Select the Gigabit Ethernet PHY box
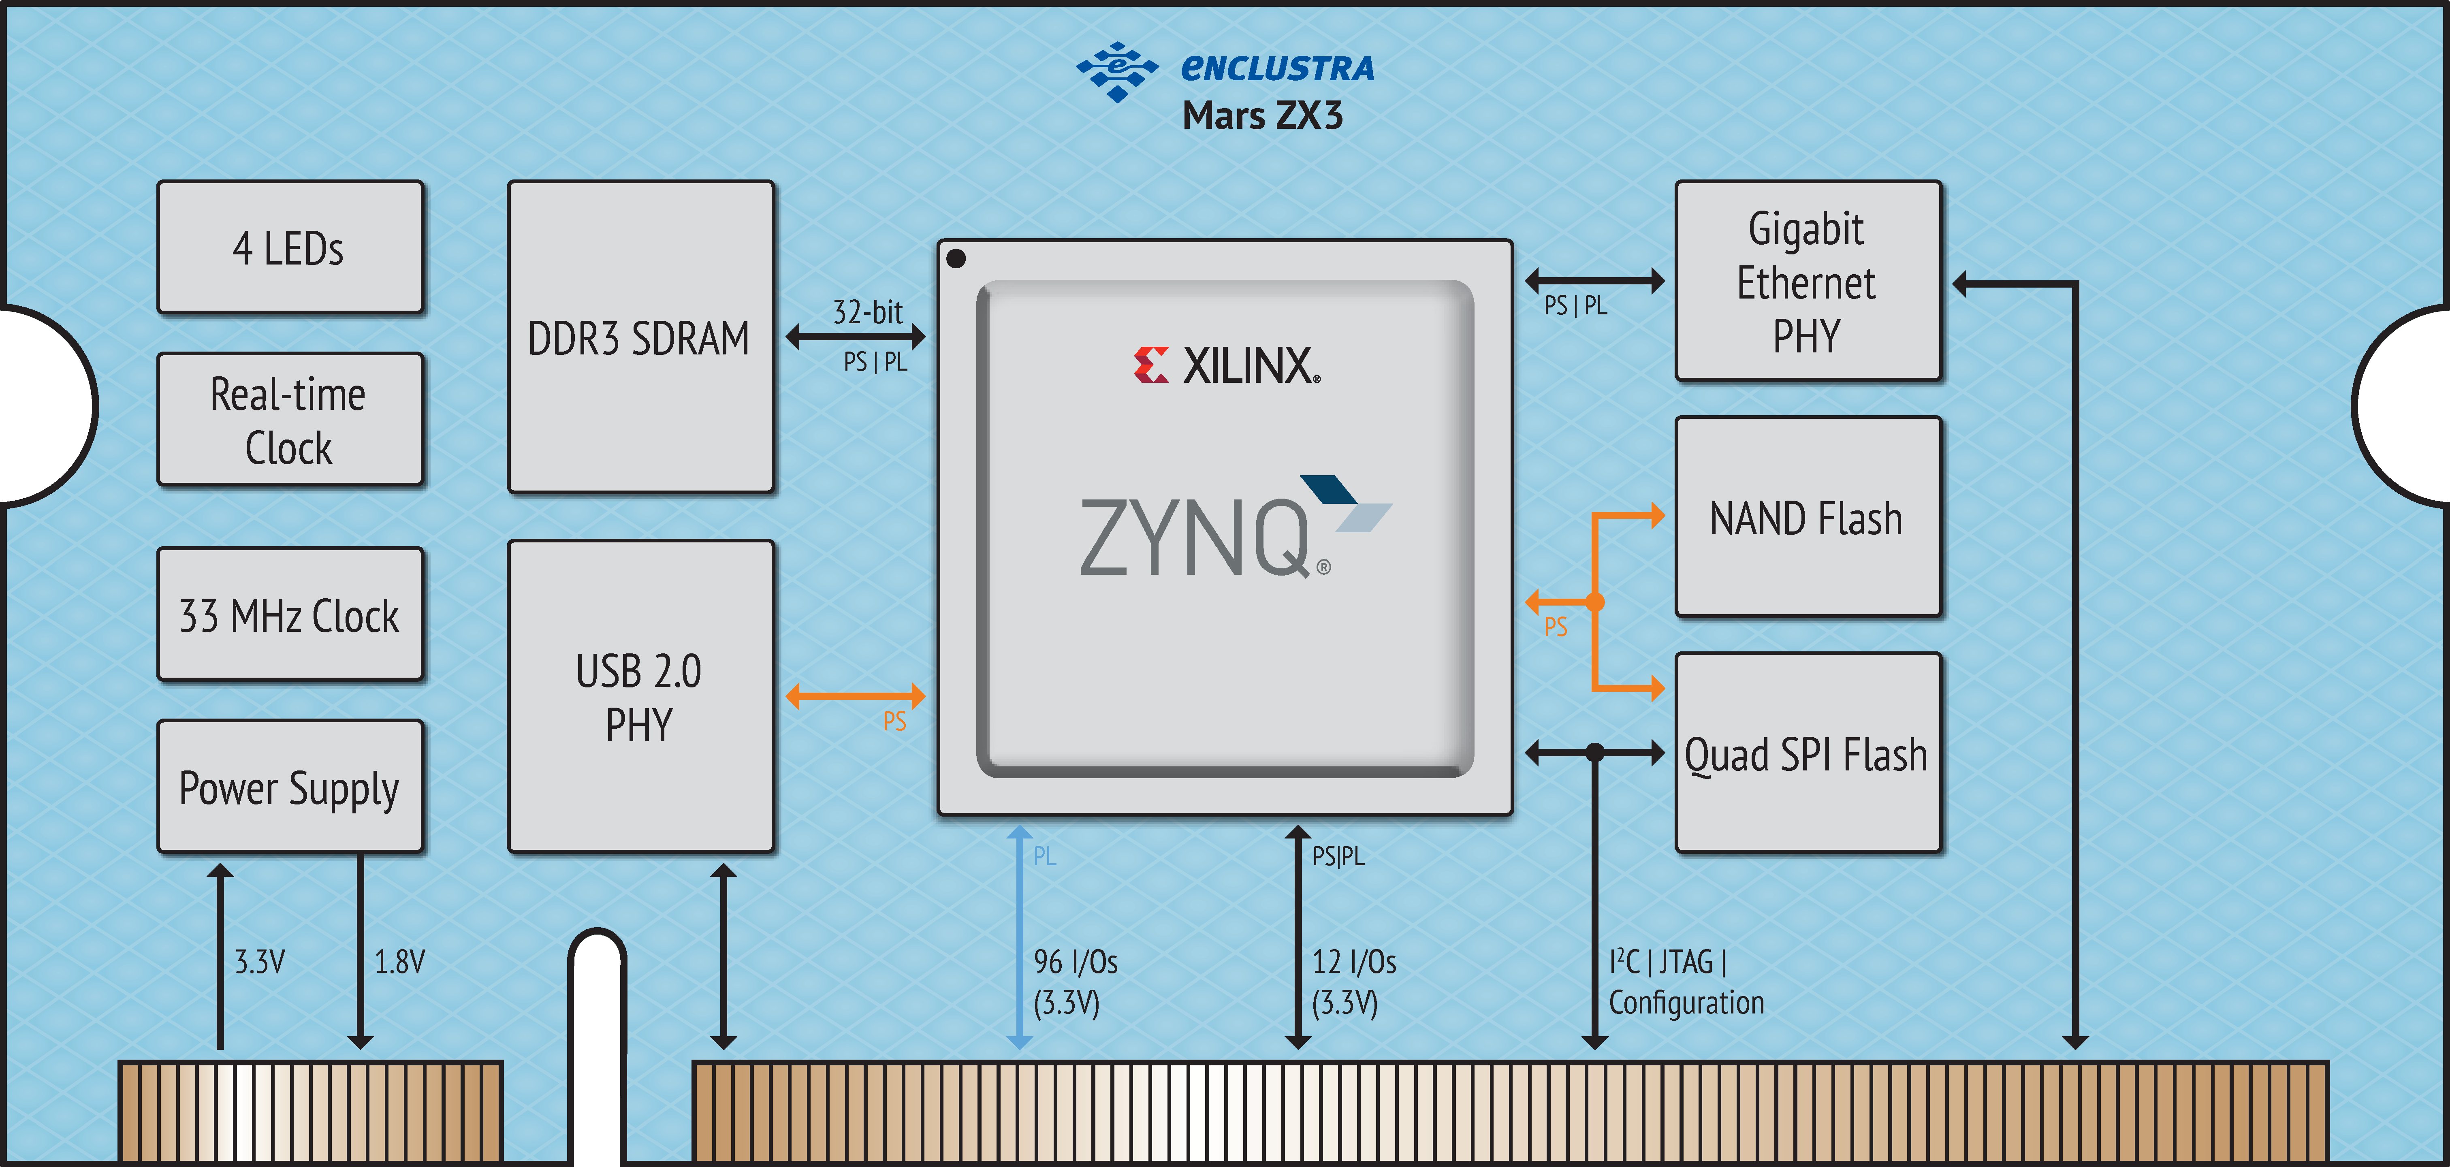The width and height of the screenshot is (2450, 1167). tap(1807, 282)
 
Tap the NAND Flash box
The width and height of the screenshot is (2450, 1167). tap(1807, 517)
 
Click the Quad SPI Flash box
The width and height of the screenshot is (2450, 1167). tap(1807, 753)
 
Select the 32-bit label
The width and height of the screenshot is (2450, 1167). tap(867, 312)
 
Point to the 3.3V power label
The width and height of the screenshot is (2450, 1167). tap(260, 962)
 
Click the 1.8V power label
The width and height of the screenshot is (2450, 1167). tap(399, 962)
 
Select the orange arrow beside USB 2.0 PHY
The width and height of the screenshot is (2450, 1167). tap(855, 696)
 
